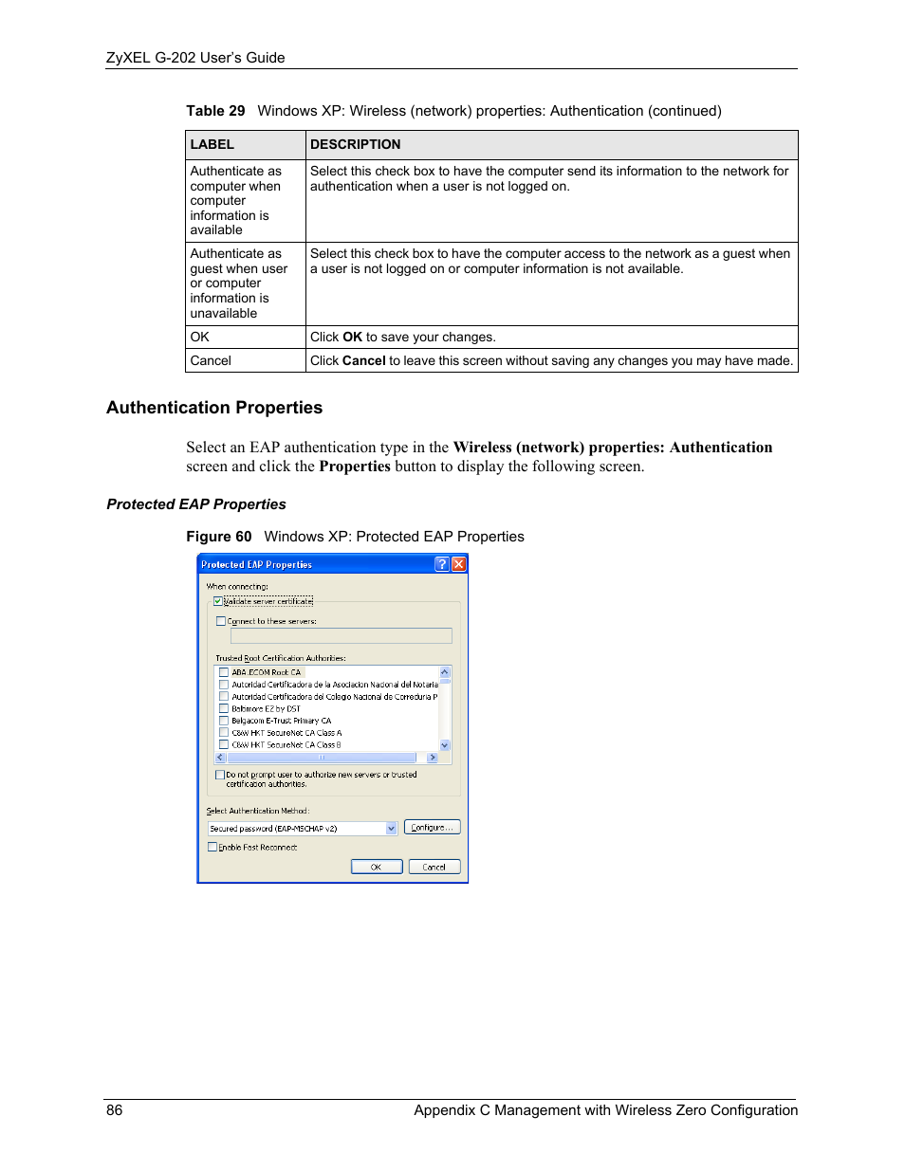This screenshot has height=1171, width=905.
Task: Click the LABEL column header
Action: [x=212, y=145]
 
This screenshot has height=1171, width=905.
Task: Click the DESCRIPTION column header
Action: [x=356, y=145]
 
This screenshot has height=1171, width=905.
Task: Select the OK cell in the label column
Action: [x=200, y=338]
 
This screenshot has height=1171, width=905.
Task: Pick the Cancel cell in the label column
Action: [x=211, y=361]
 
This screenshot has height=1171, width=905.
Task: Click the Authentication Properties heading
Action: [x=214, y=408]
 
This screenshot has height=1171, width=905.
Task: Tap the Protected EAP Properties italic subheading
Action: [x=196, y=504]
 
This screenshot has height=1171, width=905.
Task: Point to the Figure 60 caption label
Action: [x=219, y=537]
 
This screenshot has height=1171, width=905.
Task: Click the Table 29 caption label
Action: [x=215, y=111]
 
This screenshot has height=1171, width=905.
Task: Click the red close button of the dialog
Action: [x=459, y=564]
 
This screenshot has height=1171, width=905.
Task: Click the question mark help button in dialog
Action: [x=442, y=564]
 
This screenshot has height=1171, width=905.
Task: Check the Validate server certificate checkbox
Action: [x=218, y=601]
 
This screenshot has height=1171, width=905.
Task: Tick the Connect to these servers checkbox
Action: [x=221, y=622]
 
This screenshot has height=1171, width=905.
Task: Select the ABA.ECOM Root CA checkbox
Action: [x=224, y=672]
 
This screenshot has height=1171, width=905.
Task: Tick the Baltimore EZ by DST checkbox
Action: [x=224, y=708]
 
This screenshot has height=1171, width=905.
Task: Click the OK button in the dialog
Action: [x=377, y=867]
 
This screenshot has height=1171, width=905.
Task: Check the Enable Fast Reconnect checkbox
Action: [x=212, y=848]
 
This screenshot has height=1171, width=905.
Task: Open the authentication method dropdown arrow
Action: [x=391, y=829]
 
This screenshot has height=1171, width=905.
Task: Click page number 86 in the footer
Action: [x=115, y=1110]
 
